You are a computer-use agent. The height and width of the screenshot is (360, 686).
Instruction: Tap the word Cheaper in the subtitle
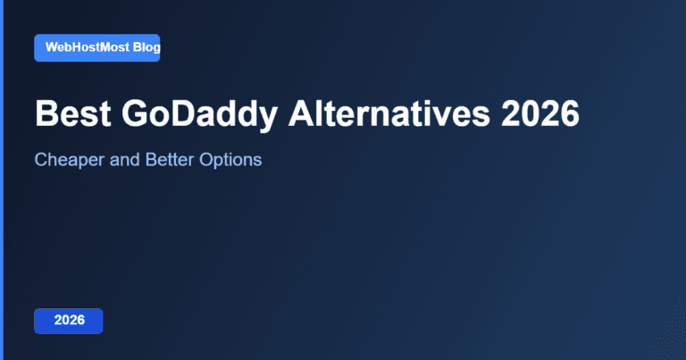click(66, 161)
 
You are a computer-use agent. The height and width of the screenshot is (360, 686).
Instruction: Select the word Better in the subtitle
click(169, 161)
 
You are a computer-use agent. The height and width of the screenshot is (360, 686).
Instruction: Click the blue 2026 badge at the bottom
click(69, 320)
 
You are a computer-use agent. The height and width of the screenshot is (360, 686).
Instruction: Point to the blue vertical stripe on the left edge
click(2, 180)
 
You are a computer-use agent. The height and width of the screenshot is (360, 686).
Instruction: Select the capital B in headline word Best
click(46, 115)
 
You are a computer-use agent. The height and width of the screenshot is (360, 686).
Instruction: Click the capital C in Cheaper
click(40, 161)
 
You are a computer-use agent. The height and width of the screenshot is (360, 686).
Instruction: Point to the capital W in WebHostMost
click(51, 47)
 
